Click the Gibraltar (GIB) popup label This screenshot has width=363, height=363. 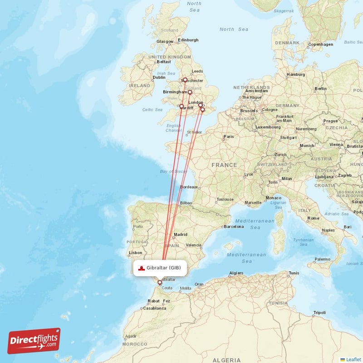pyautogui.click(x=160, y=268)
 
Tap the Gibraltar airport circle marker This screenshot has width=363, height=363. pyautogui.click(x=160, y=283)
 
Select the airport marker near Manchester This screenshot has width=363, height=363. pyautogui.click(x=185, y=80)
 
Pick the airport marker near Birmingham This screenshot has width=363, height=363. pyautogui.click(x=190, y=93)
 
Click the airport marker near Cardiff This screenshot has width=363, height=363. pyautogui.click(x=182, y=107)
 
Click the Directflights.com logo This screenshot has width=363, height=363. pyautogui.click(x=34, y=341)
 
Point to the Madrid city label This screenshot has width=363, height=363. pyautogui.click(x=181, y=235)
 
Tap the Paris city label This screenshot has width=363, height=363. pyautogui.click(x=229, y=136)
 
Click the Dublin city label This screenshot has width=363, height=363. pyautogui.click(x=159, y=78)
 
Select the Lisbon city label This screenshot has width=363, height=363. pyautogui.click(x=136, y=253)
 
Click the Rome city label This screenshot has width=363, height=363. pyautogui.click(x=314, y=218)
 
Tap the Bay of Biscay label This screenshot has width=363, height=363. pyautogui.click(x=174, y=171)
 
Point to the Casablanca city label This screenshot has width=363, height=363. pyautogui.click(x=154, y=308)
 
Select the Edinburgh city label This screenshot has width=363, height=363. pyautogui.click(x=188, y=40)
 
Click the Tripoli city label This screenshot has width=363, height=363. pyautogui.click(x=319, y=313)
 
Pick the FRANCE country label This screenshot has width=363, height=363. pyautogui.click(x=224, y=165)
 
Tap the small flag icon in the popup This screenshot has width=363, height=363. pyautogui.click(x=142, y=268)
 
